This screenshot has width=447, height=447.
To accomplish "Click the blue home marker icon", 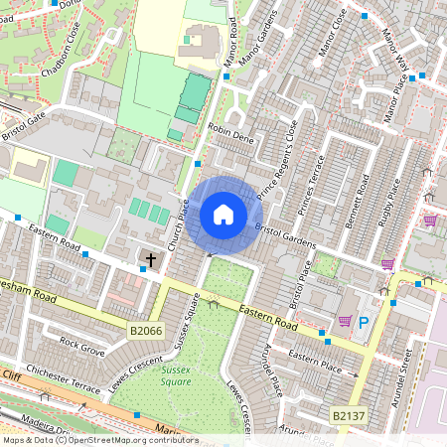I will tap(223, 215).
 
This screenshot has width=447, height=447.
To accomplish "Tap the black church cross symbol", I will tap(151, 260).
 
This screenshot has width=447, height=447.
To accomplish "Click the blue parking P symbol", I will tap(364, 323).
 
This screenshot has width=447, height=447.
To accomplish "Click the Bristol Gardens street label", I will tap(285, 236).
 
